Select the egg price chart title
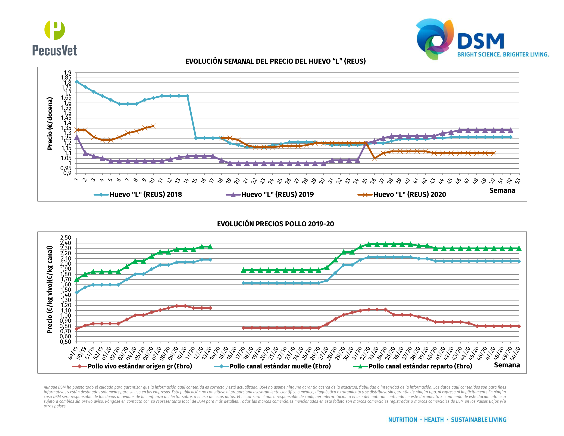275,61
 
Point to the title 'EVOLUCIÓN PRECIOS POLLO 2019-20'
275,224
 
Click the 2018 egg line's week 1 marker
77,82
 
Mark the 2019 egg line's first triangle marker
77,137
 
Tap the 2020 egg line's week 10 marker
153,126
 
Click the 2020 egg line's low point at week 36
375,158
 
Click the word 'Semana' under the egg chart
502,190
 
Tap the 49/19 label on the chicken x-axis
73,353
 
